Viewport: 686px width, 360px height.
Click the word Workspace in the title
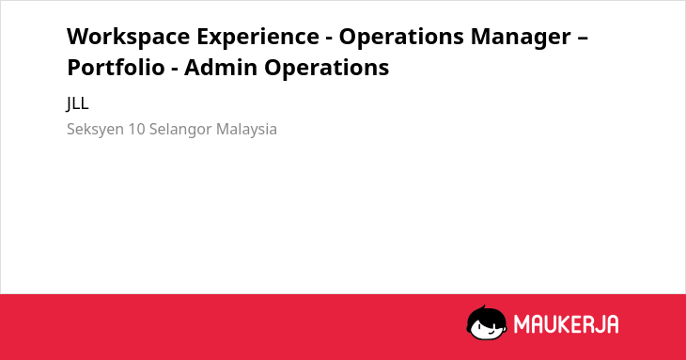(128, 38)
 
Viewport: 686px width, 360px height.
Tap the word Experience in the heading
(257, 38)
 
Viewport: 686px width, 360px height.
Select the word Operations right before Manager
(401, 38)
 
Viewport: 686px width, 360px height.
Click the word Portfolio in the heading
(116, 68)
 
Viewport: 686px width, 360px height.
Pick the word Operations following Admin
(326, 69)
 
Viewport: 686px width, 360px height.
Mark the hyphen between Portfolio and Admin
(175, 70)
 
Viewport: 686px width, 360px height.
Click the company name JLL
(77, 103)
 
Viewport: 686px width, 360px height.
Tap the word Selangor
(180, 130)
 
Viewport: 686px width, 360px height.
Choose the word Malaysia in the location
(246, 130)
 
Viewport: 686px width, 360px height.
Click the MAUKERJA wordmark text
(566, 324)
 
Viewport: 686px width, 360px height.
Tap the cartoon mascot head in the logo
(487, 322)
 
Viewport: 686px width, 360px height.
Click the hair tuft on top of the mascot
(483, 307)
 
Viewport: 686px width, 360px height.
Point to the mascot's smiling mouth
(490, 332)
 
